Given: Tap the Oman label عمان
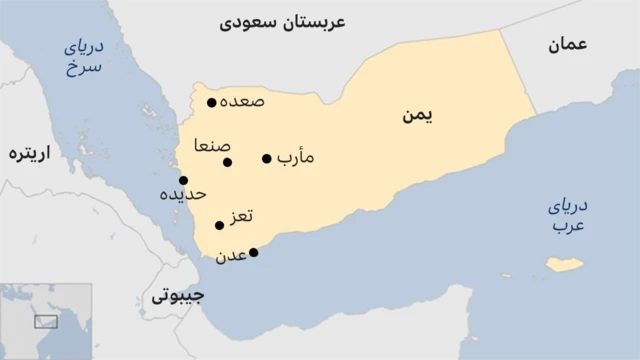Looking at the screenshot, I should (567, 44).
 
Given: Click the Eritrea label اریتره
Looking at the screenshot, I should (29, 154).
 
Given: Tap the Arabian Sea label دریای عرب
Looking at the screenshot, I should (568, 216).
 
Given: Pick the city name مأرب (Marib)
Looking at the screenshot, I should (296, 158).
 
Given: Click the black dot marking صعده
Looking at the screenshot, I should (211, 102).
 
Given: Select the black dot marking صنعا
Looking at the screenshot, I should (228, 162).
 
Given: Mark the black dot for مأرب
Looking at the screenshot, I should (267, 158).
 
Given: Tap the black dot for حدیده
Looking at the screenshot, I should (183, 180).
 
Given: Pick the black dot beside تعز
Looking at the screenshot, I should (220, 225).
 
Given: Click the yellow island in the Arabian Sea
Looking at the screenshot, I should (565, 265).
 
